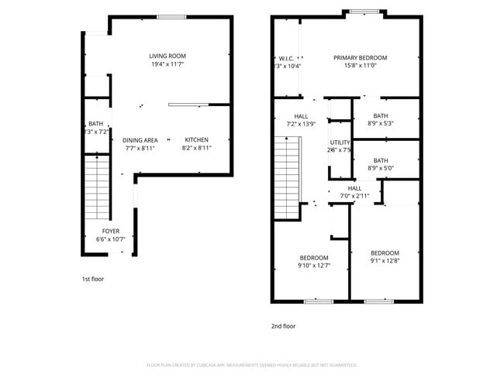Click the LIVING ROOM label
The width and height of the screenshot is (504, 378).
click(167, 56)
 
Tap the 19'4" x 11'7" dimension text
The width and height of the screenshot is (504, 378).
click(167, 64)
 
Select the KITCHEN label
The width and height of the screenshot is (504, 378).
click(196, 140)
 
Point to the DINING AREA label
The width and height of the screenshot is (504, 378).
click(140, 140)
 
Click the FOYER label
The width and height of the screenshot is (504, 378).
click(111, 231)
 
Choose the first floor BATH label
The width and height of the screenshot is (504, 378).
click(95, 123)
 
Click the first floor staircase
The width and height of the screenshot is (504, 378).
click(98, 186)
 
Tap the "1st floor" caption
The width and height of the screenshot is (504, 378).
click(93, 278)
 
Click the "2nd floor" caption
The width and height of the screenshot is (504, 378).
click(283, 326)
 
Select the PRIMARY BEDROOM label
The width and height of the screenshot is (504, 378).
click(361, 57)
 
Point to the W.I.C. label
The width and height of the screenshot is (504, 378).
click(285, 57)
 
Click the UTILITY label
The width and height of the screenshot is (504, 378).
click(340, 143)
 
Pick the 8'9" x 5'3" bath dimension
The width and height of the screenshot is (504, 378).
click(381, 123)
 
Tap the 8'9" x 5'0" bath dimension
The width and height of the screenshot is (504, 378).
click(381, 168)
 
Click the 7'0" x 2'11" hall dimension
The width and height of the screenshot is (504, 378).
click(354, 196)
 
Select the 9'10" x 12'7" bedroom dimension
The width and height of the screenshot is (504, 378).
click(314, 266)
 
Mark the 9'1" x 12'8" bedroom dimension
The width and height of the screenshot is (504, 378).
click(385, 261)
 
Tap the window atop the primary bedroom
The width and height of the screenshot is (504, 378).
click(364, 12)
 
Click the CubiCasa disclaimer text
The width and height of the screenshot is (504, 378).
click(251, 364)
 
